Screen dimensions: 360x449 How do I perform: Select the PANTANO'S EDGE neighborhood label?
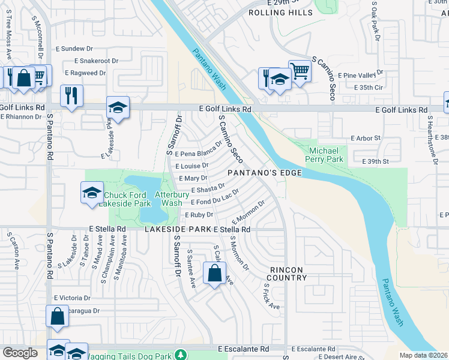(264, 173)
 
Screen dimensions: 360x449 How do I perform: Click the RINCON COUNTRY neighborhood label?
(288, 274)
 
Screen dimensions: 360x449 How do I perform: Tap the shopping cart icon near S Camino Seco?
(300, 71)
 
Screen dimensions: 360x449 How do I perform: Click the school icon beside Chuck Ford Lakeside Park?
(91, 193)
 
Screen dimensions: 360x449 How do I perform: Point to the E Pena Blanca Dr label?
(194, 154)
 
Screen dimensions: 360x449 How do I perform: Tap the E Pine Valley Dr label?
(360, 75)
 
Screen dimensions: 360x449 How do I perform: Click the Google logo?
(20, 353)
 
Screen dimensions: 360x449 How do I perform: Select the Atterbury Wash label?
(169, 199)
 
